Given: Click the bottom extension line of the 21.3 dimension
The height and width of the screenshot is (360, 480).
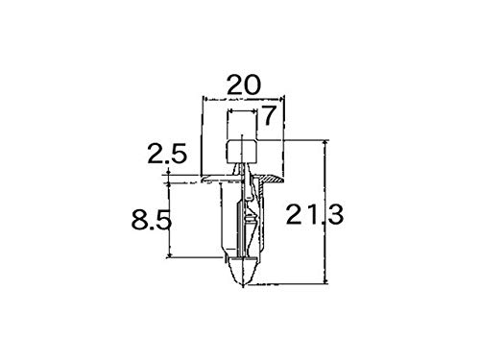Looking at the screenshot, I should click(298, 283).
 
